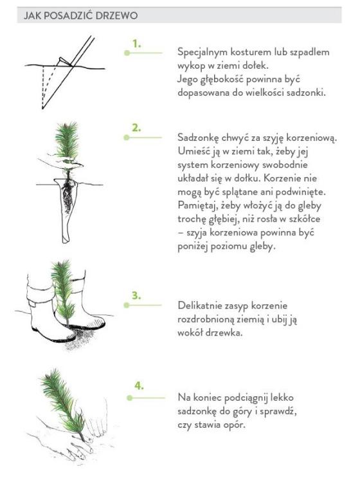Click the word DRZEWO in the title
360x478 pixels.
pyautogui.click(x=116, y=15)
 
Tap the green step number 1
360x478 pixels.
pyautogui.click(x=136, y=44)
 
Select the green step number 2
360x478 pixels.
pyautogui.click(x=136, y=128)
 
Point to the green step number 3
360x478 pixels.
pyautogui.click(x=136, y=295)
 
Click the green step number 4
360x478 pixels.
pyautogui.click(x=139, y=386)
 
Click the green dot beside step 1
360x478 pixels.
pyautogui.click(x=127, y=53)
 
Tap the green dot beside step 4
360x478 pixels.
pyautogui.click(x=130, y=398)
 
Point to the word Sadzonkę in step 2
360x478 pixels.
pyautogui.click(x=198, y=138)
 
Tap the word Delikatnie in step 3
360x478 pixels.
pyautogui.click(x=202, y=306)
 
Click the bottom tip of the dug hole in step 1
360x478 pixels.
pyautogui.click(x=42, y=108)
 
